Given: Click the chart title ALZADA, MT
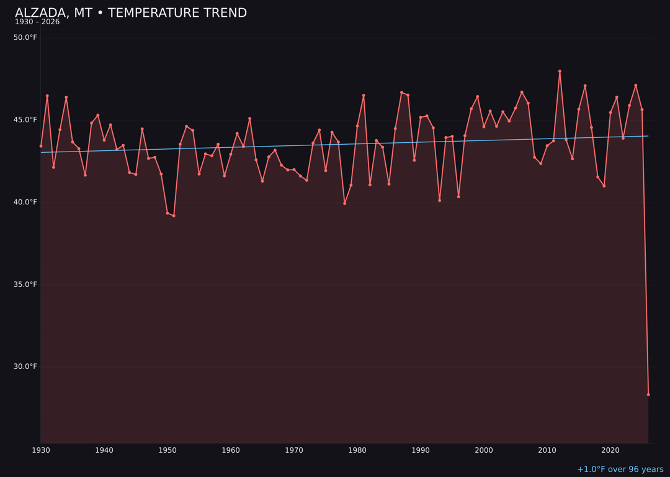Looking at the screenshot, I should (130, 13).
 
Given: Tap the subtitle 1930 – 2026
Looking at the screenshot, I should (37, 22).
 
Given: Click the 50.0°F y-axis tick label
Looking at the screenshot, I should (25, 38).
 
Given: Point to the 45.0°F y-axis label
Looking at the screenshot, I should (25, 120).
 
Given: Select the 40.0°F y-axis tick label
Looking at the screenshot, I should (25, 202).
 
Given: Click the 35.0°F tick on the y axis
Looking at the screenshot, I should (25, 284).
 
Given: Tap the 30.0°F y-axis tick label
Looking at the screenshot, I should (25, 366).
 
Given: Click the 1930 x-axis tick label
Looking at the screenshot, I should (41, 450).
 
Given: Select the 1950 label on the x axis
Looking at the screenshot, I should (167, 450).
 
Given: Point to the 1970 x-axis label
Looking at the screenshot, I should (294, 450).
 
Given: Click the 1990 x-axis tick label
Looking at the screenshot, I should (421, 450).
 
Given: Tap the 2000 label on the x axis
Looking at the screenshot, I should (484, 450).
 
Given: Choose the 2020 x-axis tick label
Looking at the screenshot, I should (610, 450).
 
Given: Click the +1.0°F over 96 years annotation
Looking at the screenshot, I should (620, 470).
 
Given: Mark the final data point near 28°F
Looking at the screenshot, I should (648, 394).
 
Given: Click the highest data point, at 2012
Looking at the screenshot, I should (560, 71).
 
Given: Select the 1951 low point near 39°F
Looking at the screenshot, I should (174, 216).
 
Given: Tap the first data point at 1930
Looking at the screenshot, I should (41, 146).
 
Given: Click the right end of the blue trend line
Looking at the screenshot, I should (648, 136).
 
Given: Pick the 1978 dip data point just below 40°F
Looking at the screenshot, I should (344, 203).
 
